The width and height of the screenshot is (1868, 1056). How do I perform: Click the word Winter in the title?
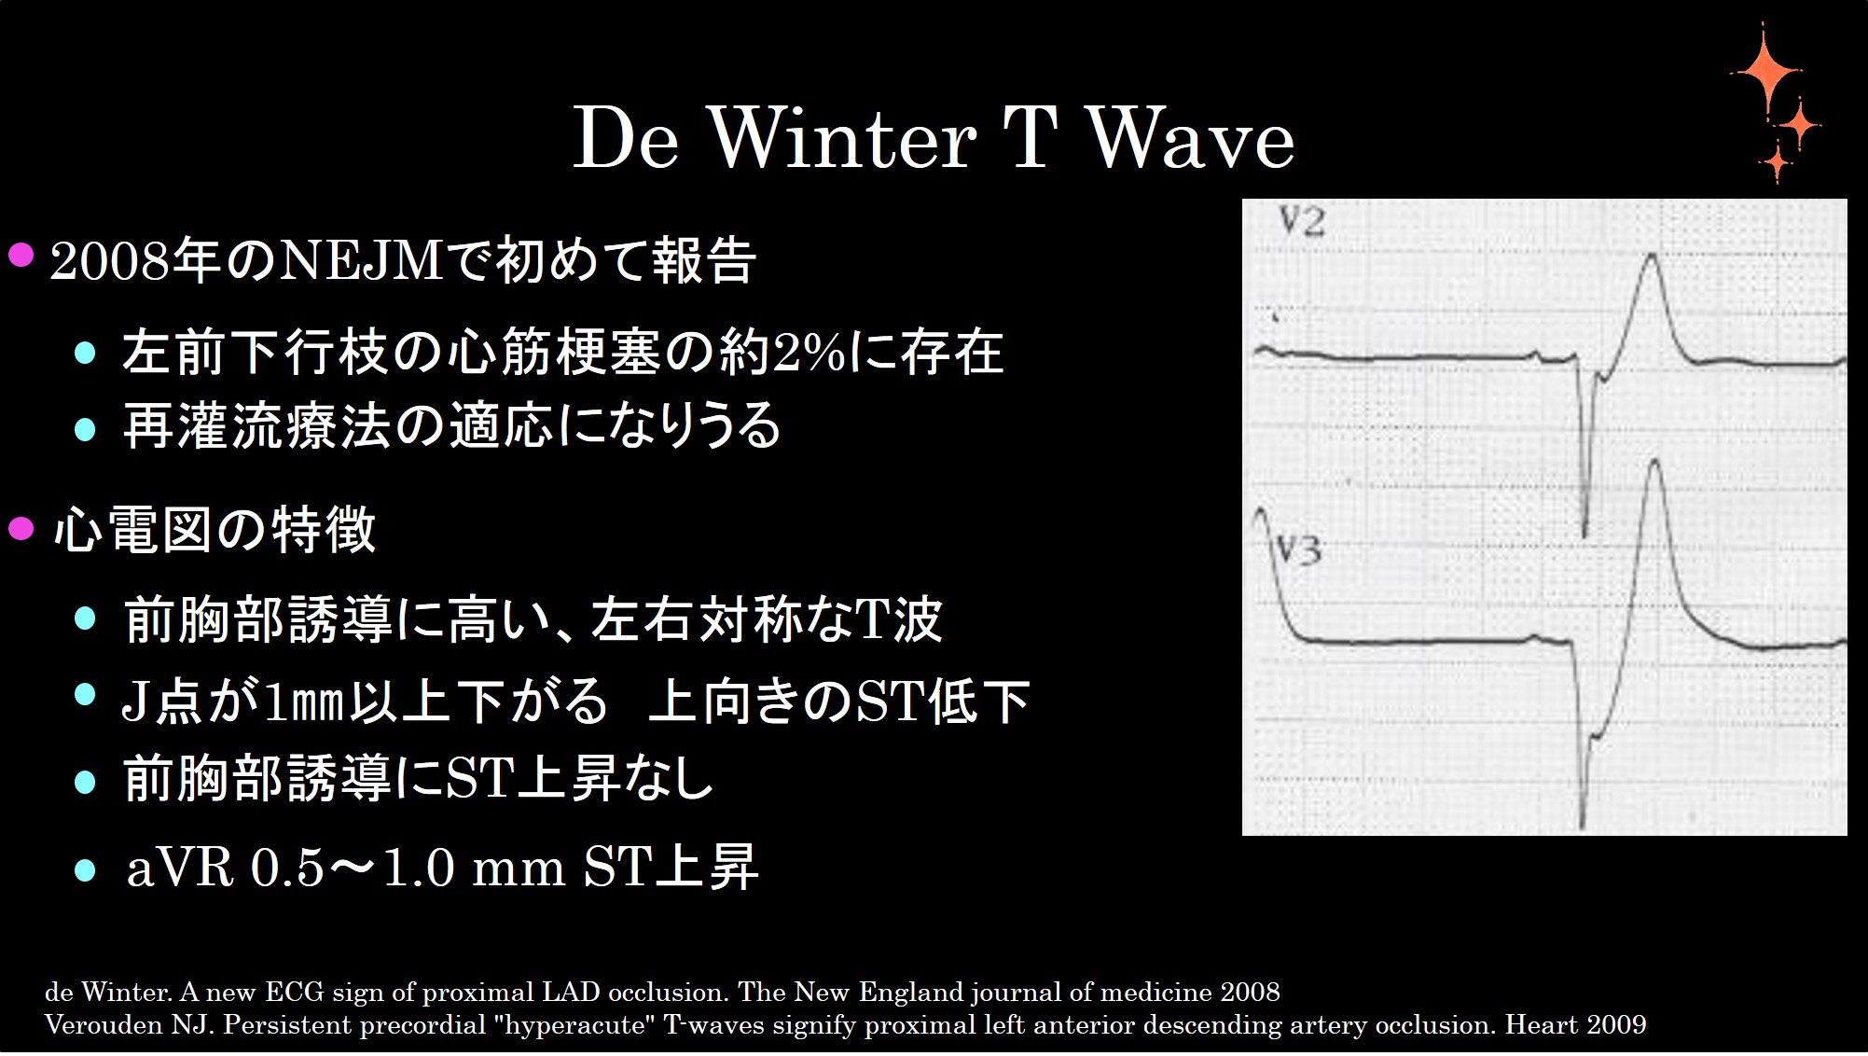(x=844, y=140)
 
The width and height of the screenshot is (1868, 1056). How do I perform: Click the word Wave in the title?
(x=1191, y=140)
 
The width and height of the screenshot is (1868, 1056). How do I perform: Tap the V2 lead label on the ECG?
(x=1301, y=222)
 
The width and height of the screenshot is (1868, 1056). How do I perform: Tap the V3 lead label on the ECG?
(x=1298, y=550)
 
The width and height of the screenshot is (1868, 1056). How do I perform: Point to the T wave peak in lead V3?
(x=1654, y=463)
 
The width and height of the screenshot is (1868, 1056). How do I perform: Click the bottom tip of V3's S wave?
(x=1583, y=825)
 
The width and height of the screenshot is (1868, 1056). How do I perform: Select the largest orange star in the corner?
(x=1764, y=73)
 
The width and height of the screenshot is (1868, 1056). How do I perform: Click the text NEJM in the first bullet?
(x=362, y=261)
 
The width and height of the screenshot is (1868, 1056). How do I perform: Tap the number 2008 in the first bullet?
(x=110, y=261)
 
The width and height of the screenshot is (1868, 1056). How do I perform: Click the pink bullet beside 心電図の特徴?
(x=21, y=530)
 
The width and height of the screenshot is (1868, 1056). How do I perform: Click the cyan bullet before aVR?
(x=85, y=869)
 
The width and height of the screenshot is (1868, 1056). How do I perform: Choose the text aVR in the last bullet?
(x=179, y=868)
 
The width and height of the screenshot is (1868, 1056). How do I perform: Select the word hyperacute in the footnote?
(x=574, y=1025)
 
